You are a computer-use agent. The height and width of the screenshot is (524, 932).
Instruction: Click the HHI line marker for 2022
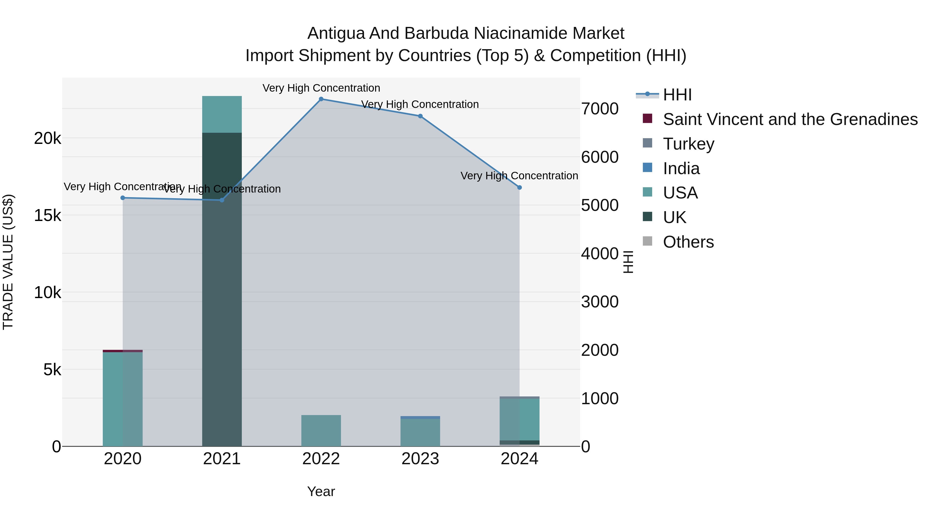tap(321, 99)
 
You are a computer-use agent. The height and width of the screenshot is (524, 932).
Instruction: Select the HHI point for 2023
tap(420, 116)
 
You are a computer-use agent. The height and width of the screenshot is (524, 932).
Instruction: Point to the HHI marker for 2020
tap(123, 198)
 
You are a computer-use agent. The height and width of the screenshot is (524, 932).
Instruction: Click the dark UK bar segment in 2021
tap(222, 289)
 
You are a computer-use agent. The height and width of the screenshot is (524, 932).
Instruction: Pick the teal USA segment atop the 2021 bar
tap(222, 114)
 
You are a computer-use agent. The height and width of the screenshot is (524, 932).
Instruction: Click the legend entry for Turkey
tap(688, 144)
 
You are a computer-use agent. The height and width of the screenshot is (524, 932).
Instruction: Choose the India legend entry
tap(681, 168)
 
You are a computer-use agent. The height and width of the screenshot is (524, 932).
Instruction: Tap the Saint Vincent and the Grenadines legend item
tap(790, 119)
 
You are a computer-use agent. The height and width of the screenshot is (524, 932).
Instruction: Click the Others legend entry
tap(688, 242)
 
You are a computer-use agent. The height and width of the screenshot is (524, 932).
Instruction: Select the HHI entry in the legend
tap(677, 95)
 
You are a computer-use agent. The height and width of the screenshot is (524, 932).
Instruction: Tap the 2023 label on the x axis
tap(420, 459)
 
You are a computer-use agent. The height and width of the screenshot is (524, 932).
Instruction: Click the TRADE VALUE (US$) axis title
tap(8, 262)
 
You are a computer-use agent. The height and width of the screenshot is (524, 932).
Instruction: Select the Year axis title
tap(321, 491)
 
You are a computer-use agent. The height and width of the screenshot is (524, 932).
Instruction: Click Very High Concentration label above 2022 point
tap(321, 88)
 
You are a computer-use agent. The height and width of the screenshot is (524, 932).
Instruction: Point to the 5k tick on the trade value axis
tap(52, 370)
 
